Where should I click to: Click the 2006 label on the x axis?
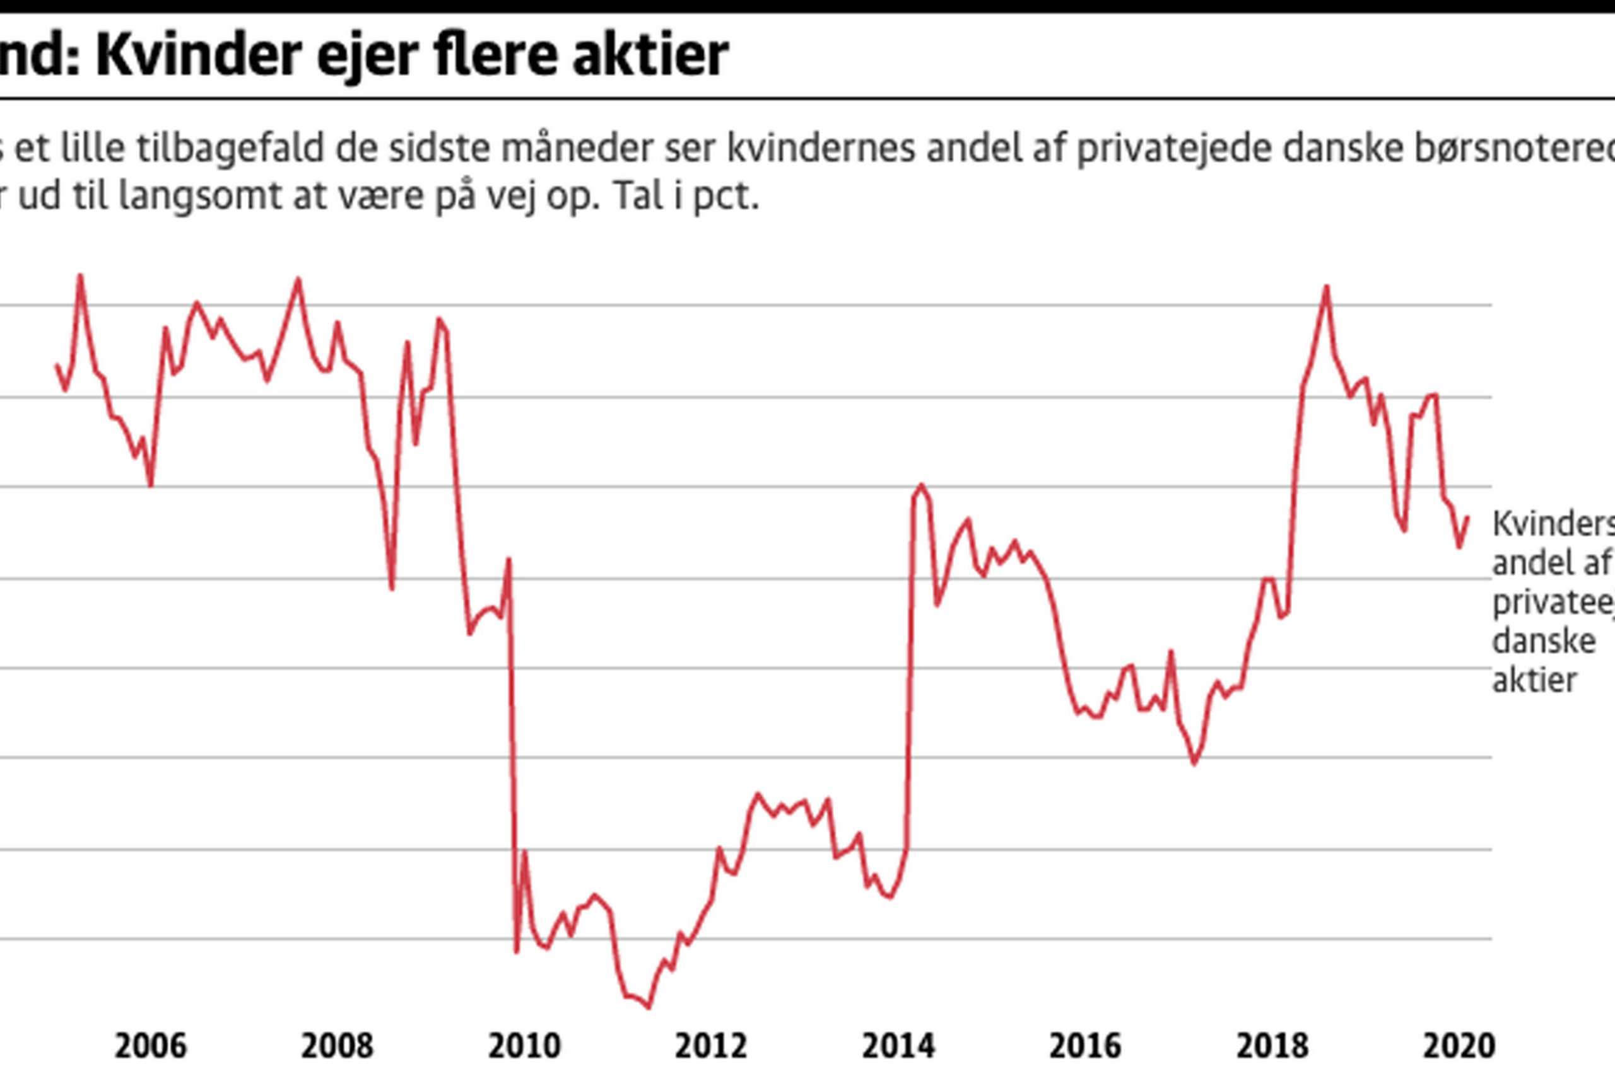click(150, 1046)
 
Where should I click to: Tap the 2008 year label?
click(337, 1046)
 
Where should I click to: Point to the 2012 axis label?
click(712, 1046)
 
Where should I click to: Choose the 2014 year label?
click(898, 1046)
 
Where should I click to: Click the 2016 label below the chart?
click(1086, 1046)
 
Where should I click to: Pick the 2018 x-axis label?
click(1272, 1046)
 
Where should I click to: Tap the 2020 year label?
click(1459, 1046)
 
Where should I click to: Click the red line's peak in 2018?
click(1327, 286)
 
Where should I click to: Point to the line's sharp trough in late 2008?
click(392, 589)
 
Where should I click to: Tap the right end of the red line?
click(1468, 517)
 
